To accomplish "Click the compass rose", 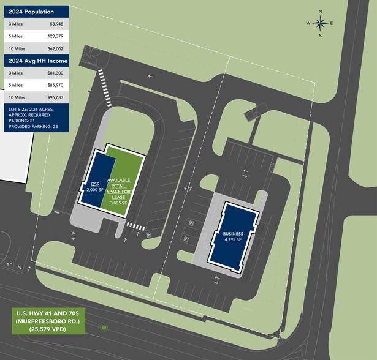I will point(320,23).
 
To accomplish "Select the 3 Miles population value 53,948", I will point(53,24).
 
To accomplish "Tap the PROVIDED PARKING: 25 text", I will point(34,127).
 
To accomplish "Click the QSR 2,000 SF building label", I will point(95,187).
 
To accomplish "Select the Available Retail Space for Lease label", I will point(118,188).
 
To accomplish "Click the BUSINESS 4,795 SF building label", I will point(233,236).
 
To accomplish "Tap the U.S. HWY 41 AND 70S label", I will point(48,314).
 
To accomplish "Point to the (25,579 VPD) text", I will point(48,329).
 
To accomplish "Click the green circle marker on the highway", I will point(104,328).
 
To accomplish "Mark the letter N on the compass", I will point(320,11).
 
